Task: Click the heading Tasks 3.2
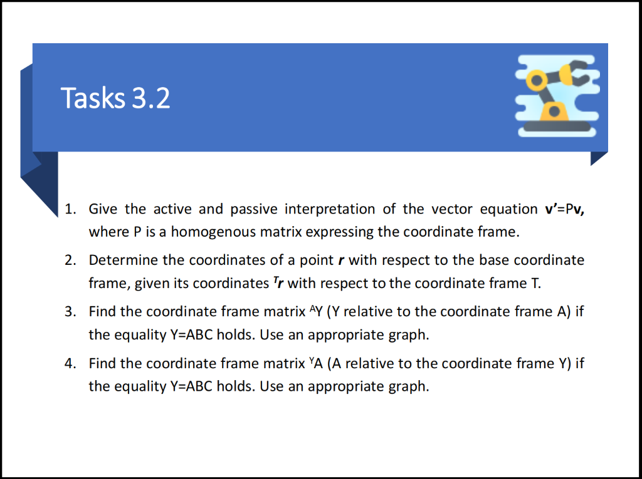pyautogui.click(x=115, y=98)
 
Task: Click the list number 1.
pyautogui.click(x=71, y=209)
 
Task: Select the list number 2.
pyautogui.click(x=71, y=260)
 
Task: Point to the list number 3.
pyautogui.click(x=71, y=311)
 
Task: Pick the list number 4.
pyautogui.click(x=71, y=363)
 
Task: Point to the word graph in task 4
pyautogui.click(x=408, y=386)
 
